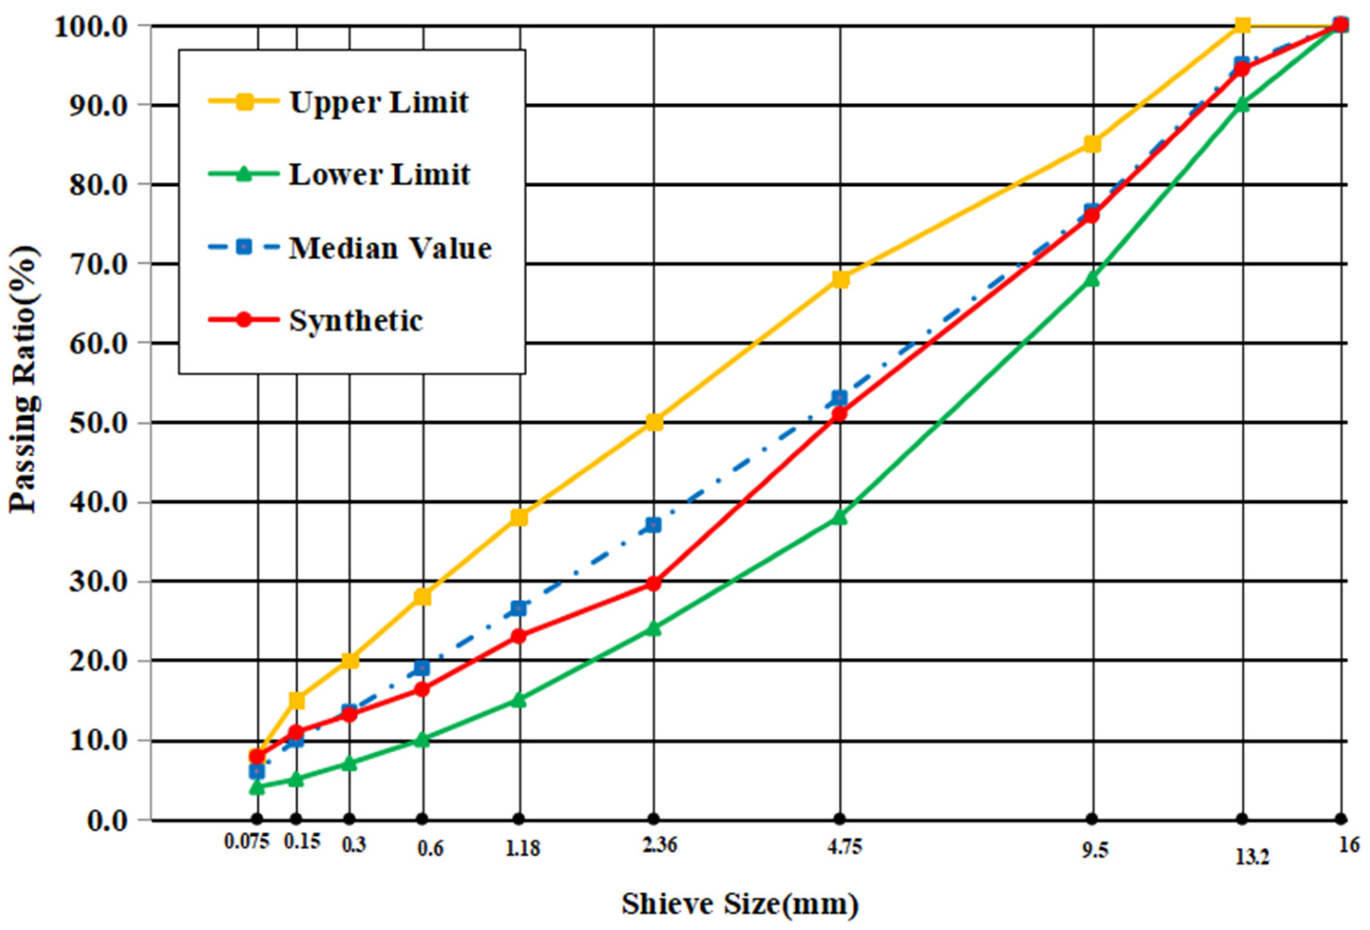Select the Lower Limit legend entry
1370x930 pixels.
coord(379,174)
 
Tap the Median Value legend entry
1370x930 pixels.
coord(390,248)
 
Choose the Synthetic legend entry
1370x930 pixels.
coord(355,321)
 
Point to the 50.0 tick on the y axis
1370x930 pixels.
coord(107,423)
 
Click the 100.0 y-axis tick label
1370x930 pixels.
coord(98,27)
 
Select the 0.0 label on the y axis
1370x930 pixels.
coord(115,820)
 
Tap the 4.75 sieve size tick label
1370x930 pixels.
coord(844,847)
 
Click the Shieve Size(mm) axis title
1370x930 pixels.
coord(740,904)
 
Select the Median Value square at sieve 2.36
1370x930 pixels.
coord(653,525)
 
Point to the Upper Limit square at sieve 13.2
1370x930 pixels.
coord(1243,25)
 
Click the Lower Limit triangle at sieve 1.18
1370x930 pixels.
coord(519,700)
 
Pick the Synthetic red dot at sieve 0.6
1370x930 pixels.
coord(422,689)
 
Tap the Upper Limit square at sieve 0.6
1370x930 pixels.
coord(422,597)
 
